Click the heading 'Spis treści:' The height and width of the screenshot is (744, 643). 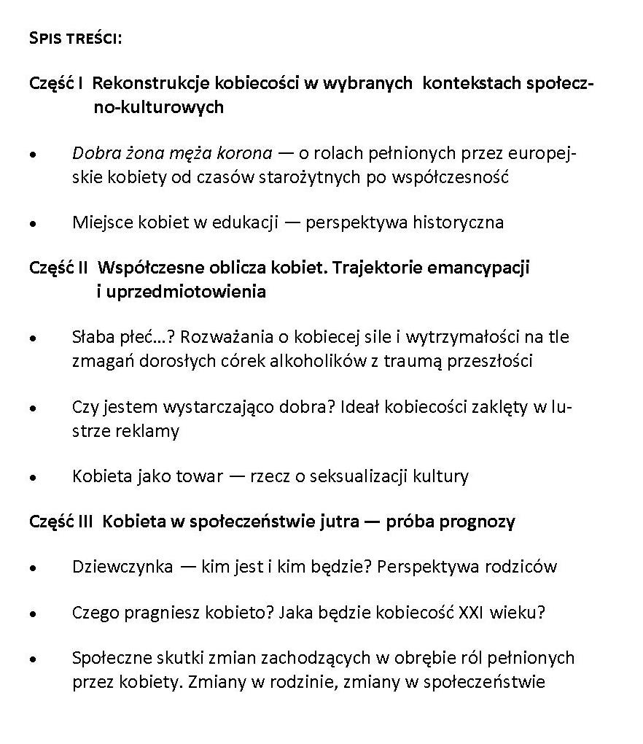(75, 37)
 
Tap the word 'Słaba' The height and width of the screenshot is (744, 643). (93, 337)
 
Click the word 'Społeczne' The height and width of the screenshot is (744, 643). (108, 657)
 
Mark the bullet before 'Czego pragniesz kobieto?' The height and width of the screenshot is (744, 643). (33, 615)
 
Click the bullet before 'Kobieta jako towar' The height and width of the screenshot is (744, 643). (33, 478)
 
